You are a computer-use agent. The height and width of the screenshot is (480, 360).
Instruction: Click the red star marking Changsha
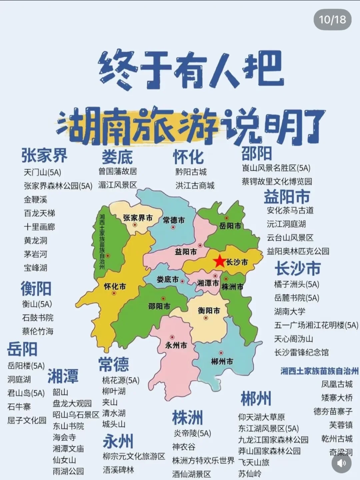pyautogui.click(x=220, y=261)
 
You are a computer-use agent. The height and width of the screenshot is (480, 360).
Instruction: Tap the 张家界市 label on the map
pyautogui.click(x=138, y=218)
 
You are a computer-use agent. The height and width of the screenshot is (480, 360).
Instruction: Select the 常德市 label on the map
pyautogui.click(x=174, y=220)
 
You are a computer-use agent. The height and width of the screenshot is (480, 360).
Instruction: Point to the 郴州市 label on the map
pyautogui.click(x=222, y=361)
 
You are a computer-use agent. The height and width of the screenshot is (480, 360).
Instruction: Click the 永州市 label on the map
pyautogui.click(x=176, y=345)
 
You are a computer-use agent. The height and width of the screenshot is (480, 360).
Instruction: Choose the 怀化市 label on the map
pyautogui.click(x=115, y=286)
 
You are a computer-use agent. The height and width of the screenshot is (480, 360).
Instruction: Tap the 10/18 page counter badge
pyautogui.click(x=332, y=20)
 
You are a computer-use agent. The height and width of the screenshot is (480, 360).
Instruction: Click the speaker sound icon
pyautogui.click(x=341, y=463)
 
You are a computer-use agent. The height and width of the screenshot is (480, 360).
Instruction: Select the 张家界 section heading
pyautogui.click(x=44, y=155)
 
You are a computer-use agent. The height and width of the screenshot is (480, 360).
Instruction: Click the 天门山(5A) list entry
pyautogui.click(x=42, y=172)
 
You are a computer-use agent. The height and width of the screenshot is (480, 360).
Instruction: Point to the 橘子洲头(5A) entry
pyautogui.click(x=296, y=284)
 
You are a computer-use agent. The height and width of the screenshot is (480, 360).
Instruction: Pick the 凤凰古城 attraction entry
pyautogui.click(x=337, y=384)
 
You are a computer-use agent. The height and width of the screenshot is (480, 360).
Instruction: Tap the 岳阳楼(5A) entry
pyautogui.click(x=26, y=366)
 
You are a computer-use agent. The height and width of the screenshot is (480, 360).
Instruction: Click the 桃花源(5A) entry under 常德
pyautogui.click(x=121, y=380)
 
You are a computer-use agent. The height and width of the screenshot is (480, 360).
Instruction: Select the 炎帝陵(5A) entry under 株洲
pyautogui.click(x=192, y=433)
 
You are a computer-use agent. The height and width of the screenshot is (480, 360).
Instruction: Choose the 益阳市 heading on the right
pyautogui.click(x=287, y=197)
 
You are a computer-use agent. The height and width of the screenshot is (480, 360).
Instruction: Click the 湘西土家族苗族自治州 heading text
pyautogui.click(x=319, y=371)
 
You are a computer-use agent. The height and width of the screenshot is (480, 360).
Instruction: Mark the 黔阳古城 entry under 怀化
pyautogui.click(x=191, y=172)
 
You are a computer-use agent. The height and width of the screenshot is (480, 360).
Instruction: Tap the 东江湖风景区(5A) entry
pyautogui.click(x=268, y=428)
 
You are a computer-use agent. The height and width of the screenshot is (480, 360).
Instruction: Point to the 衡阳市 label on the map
pyautogui.click(x=209, y=311)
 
